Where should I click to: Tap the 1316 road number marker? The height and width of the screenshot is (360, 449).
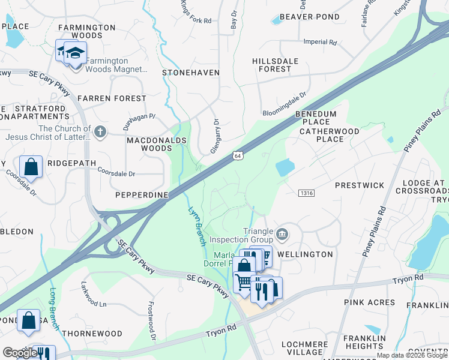click(x=307, y=192)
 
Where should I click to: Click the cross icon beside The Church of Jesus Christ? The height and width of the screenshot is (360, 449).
click(x=100, y=131)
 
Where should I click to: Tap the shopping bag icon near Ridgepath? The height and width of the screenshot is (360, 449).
click(x=31, y=167)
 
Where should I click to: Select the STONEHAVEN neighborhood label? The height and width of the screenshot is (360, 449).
click(x=191, y=73)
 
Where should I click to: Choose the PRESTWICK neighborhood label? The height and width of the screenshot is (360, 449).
click(x=359, y=185)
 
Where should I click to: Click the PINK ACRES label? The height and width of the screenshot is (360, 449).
click(x=370, y=303)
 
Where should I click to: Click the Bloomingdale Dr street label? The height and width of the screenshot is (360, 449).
click(x=285, y=104)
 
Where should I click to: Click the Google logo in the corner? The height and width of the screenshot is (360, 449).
click(x=20, y=353)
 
